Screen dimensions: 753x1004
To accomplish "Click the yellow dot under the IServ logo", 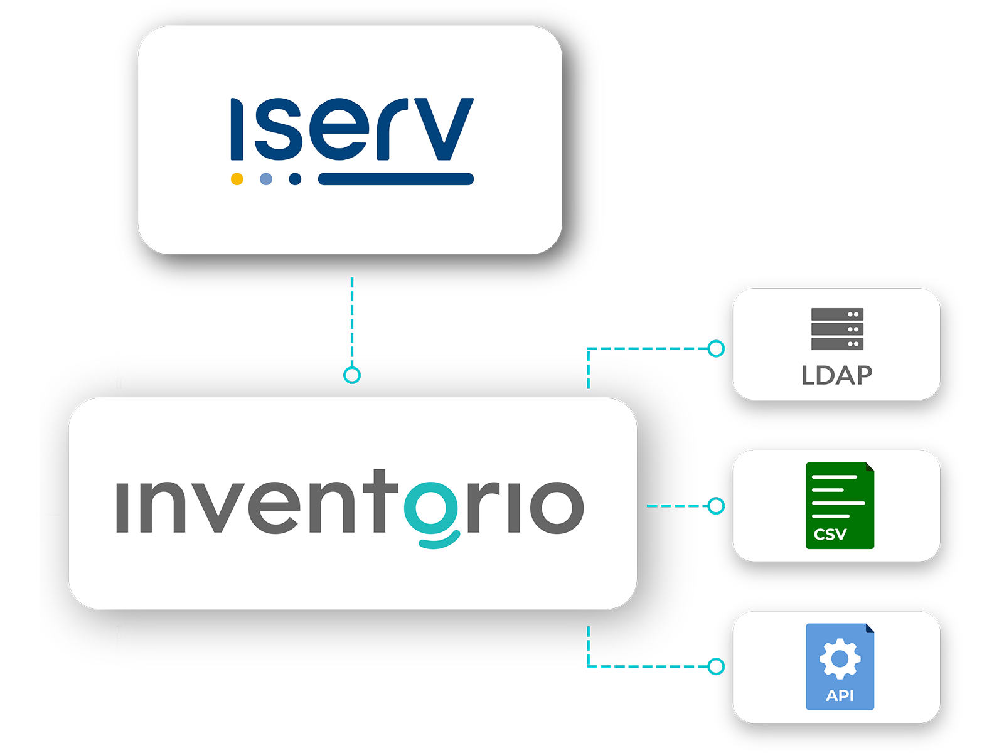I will coord(237,179).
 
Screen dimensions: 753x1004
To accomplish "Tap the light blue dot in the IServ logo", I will coord(266,179).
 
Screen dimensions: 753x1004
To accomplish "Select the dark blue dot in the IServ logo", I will coord(295,179).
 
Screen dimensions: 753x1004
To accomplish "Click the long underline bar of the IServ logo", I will coord(395,179).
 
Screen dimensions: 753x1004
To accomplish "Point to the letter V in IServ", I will coord(444,129).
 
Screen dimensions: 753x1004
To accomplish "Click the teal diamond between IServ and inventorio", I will coord(352,325).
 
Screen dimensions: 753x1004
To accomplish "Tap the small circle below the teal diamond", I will coord(352,375).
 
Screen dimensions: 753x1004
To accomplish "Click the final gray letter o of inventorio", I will coord(557,507).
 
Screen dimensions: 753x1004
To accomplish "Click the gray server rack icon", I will coord(837,329).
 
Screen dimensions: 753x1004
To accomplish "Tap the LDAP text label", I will coord(837,375).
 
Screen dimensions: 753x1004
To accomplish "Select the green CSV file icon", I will coord(840,505).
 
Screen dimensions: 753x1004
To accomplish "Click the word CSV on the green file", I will coord(830,534).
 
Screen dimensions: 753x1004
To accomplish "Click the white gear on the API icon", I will coord(840,658).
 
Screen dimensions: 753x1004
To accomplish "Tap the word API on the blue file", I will coord(840,695).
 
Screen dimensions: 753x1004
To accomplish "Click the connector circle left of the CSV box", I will coord(717,505).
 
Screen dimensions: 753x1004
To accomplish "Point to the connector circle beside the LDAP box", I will coord(717,348).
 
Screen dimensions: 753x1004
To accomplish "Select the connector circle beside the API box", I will coord(717,666).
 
